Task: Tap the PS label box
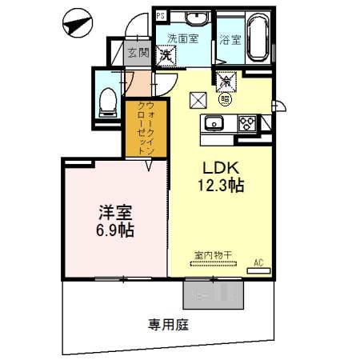[161, 15]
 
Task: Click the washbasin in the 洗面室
[194, 19]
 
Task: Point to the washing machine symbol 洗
[167, 55]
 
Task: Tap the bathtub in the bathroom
[257, 36]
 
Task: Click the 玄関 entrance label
[138, 53]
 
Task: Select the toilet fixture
[107, 100]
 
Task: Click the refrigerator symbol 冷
[225, 79]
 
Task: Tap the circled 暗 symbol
[226, 98]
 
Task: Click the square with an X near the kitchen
[197, 100]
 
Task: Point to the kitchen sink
[214, 123]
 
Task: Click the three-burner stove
[248, 122]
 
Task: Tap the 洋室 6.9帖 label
[115, 222]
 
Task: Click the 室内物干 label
[213, 255]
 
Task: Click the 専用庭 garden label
[167, 325]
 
